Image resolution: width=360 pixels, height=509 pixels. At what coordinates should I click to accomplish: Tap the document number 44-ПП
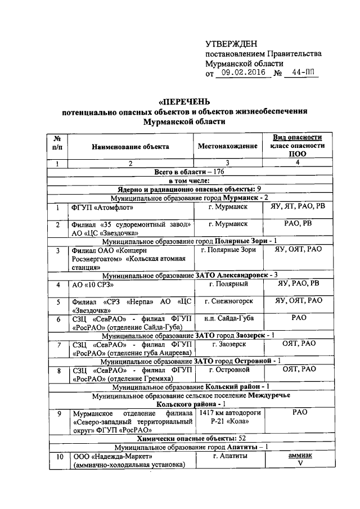tap(301, 73)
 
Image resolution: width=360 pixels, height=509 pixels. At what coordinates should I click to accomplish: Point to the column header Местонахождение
tap(228, 146)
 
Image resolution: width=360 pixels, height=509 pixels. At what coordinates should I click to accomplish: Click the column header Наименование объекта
tap(130, 146)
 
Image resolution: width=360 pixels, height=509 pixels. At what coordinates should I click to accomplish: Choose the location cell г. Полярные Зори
tap(228, 249)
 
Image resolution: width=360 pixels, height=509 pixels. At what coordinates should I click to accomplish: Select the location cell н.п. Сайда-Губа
tap(228, 318)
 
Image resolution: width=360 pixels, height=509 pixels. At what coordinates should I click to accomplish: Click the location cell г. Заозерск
tap(228, 344)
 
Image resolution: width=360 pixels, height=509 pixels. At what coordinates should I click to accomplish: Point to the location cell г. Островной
tap(228, 370)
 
